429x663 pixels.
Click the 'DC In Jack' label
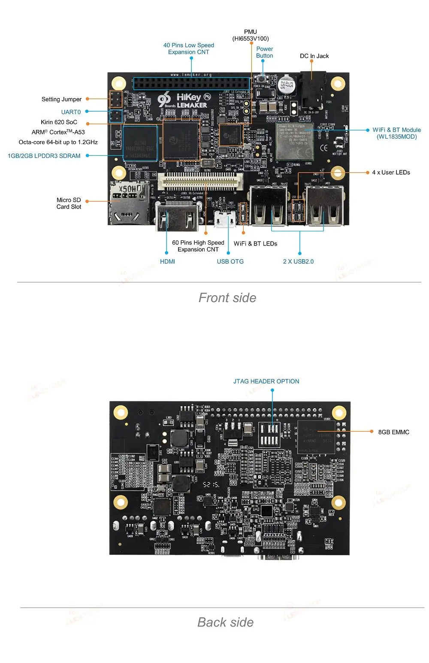[x=314, y=56]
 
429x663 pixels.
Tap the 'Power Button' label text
[x=264, y=52]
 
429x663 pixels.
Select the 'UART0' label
[x=71, y=112]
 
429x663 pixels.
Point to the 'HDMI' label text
[x=167, y=261]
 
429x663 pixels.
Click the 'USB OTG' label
[x=230, y=261]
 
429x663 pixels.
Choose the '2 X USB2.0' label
[x=298, y=261]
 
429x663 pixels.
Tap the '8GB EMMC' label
[x=393, y=432]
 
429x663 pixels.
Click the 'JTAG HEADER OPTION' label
[x=266, y=381]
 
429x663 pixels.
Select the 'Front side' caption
[x=227, y=298]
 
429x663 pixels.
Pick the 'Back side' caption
[x=225, y=622]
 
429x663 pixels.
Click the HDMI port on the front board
[x=177, y=217]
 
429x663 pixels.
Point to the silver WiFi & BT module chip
[x=295, y=142]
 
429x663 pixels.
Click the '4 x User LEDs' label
[x=391, y=173]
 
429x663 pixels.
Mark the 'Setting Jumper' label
[x=61, y=99]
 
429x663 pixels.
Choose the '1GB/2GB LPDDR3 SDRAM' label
[x=44, y=156]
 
